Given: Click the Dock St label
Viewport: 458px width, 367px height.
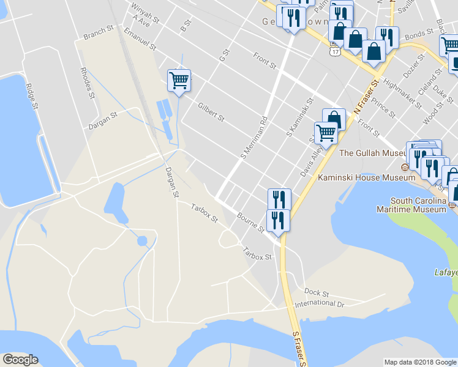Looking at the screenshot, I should coord(317,293).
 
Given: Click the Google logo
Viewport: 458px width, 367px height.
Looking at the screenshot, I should coord(20,360).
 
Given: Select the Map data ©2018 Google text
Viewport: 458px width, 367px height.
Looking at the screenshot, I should coord(419,362).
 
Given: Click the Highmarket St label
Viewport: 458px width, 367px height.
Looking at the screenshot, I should coord(404,93).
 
